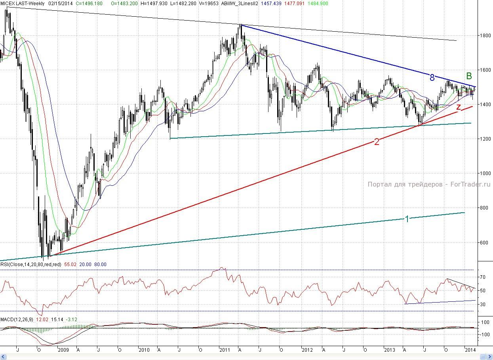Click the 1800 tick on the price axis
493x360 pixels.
tap(483, 35)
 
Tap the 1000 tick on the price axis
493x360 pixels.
tap(483, 173)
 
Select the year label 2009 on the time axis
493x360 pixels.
tap(64, 350)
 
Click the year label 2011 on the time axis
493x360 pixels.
tap(225, 350)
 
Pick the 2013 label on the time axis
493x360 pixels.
tap(390, 350)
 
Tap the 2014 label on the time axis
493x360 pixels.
tap(470, 350)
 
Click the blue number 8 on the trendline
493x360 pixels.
tap(432, 78)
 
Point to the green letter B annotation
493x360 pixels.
tap(469, 76)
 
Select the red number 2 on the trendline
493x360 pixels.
tap(377, 142)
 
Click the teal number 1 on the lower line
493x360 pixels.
tap(407, 219)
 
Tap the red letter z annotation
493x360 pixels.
tap(459, 107)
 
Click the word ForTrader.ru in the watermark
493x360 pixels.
tap(470, 184)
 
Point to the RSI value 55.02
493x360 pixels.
tap(75, 265)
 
